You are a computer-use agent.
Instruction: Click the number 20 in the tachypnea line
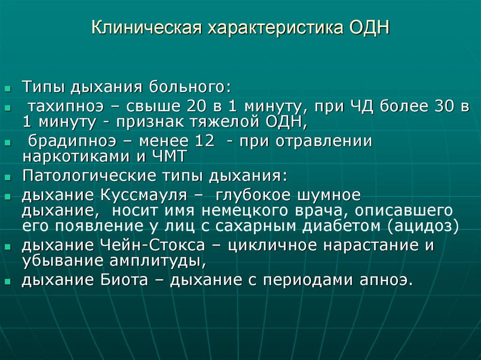[x=195, y=106]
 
